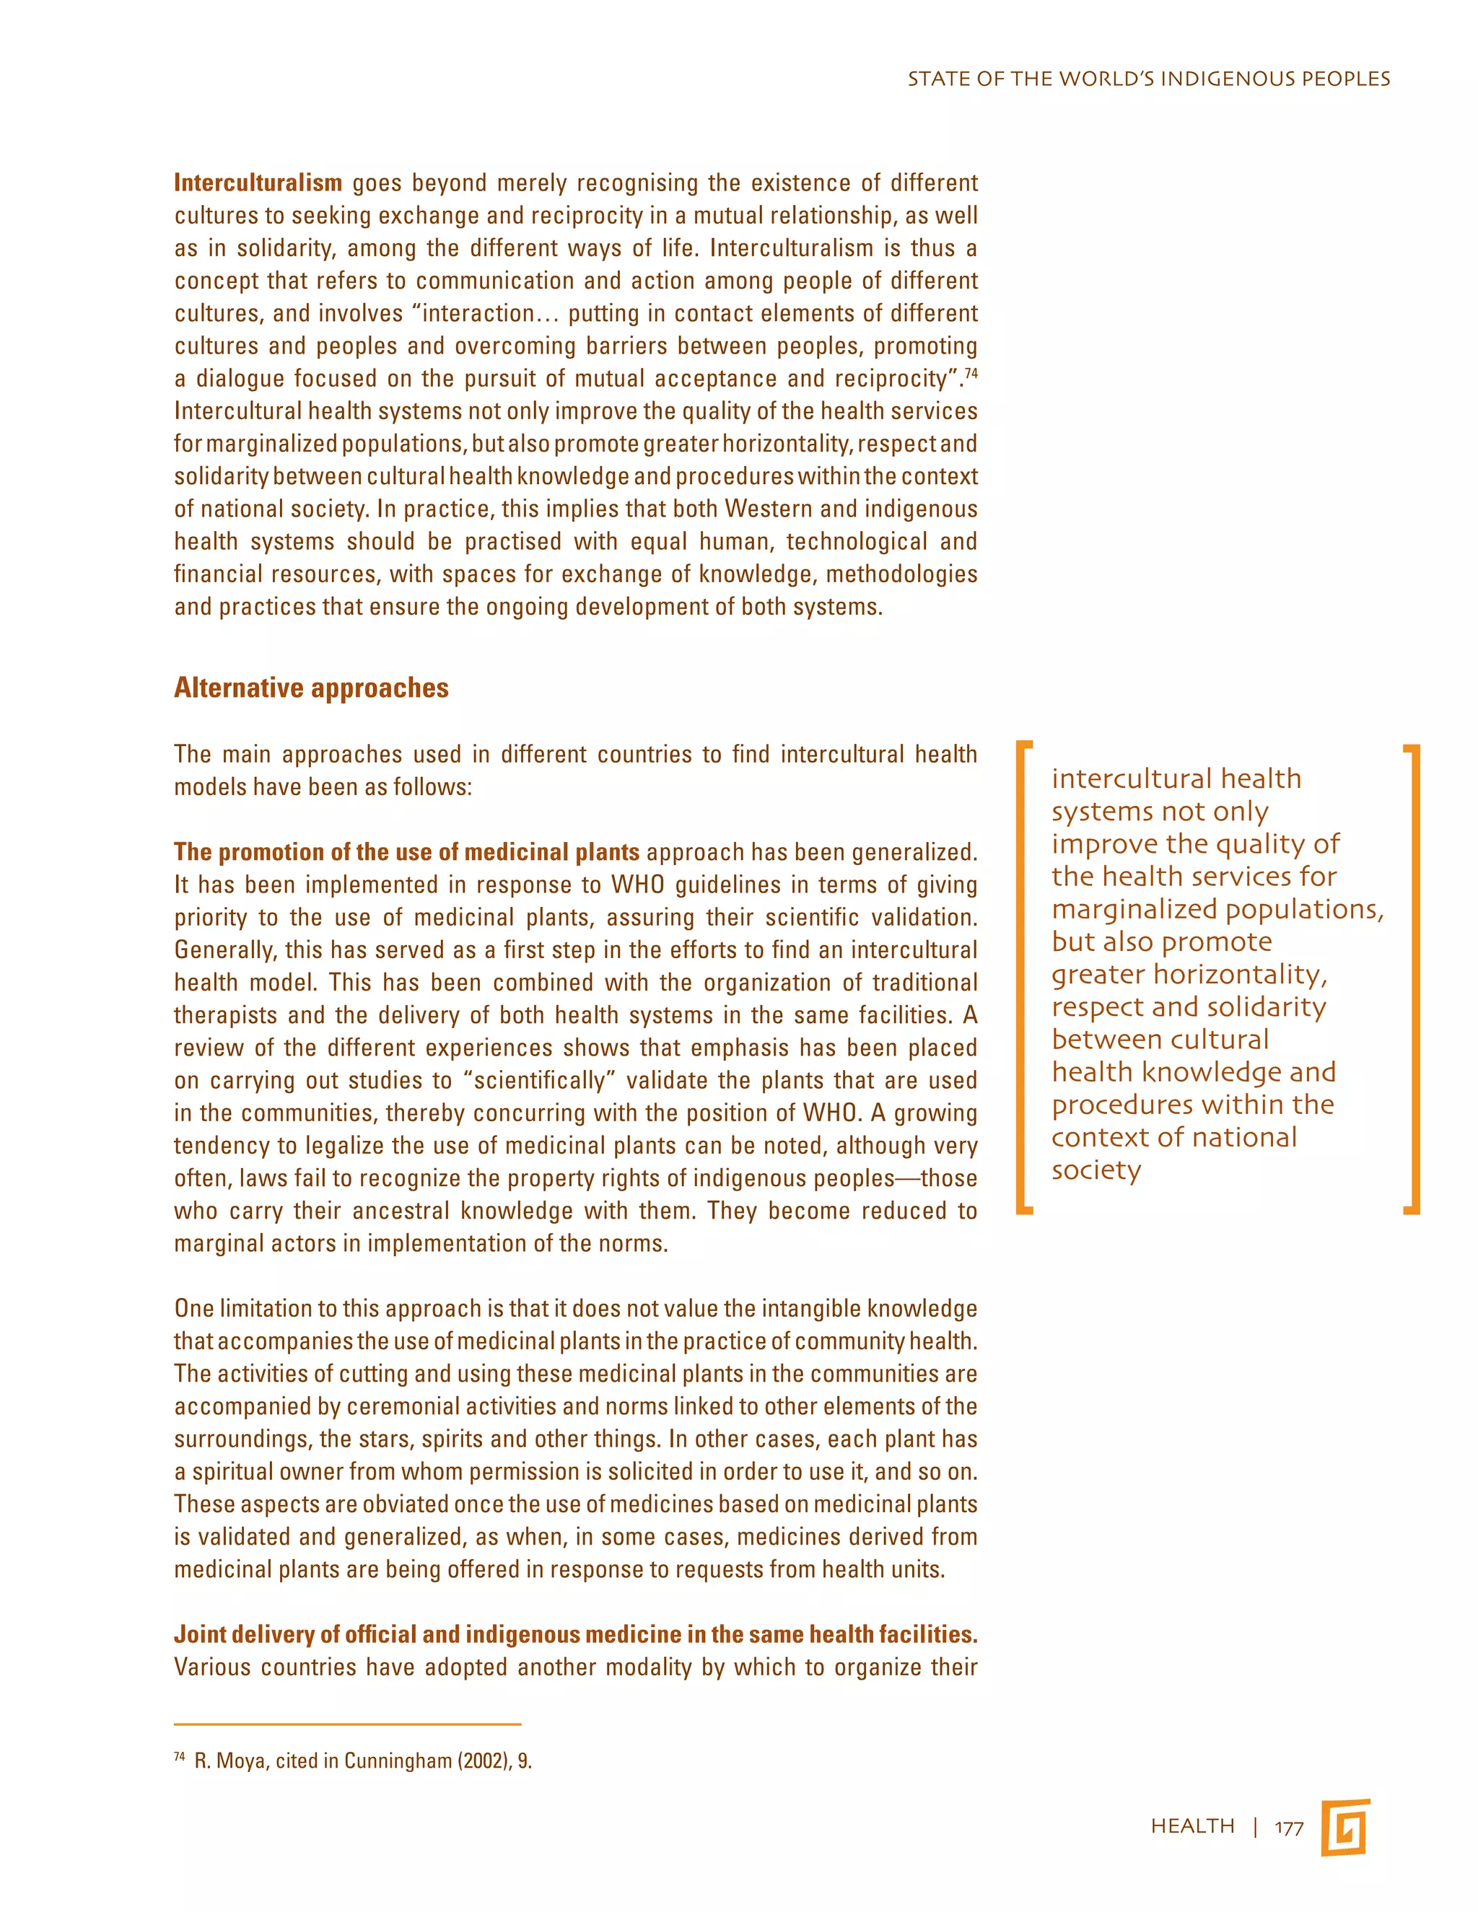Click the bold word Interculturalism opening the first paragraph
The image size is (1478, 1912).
click(x=258, y=183)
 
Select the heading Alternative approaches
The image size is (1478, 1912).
click(x=311, y=688)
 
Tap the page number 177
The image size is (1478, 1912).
click(x=1289, y=1828)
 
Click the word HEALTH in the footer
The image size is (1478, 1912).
click(x=1192, y=1826)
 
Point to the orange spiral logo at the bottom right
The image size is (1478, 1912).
click(x=1345, y=1828)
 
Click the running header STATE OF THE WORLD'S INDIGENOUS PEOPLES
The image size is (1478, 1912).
click(x=1148, y=79)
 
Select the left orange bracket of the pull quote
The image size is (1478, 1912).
click(x=1023, y=977)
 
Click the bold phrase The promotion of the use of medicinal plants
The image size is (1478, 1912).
click(x=406, y=852)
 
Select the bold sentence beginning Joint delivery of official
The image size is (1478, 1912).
click(x=575, y=1634)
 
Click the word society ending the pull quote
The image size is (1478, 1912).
click(x=1096, y=1170)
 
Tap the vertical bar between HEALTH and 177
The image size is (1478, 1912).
click(x=1256, y=1827)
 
